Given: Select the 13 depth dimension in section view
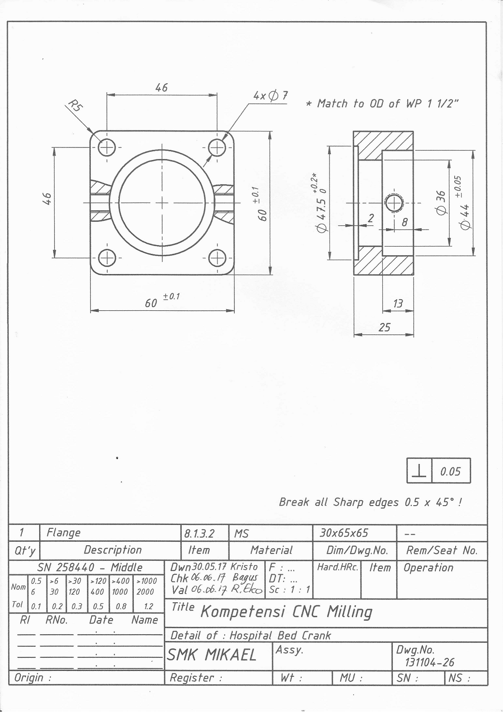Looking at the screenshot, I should click(x=398, y=304).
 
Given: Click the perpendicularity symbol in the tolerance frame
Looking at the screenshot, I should click(x=419, y=471).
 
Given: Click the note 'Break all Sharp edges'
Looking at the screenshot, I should click(x=371, y=502).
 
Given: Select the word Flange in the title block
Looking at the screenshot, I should click(x=63, y=533).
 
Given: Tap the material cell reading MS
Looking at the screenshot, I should click(x=241, y=533).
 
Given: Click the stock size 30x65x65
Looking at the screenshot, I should click(x=344, y=533).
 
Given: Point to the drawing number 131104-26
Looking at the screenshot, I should click(x=425, y=662).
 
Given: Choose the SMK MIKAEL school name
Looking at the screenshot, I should click(x=212, y=655).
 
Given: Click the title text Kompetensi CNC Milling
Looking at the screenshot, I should click(x=286, y=612).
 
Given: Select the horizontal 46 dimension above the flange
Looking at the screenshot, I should click(x=161, y=87).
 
